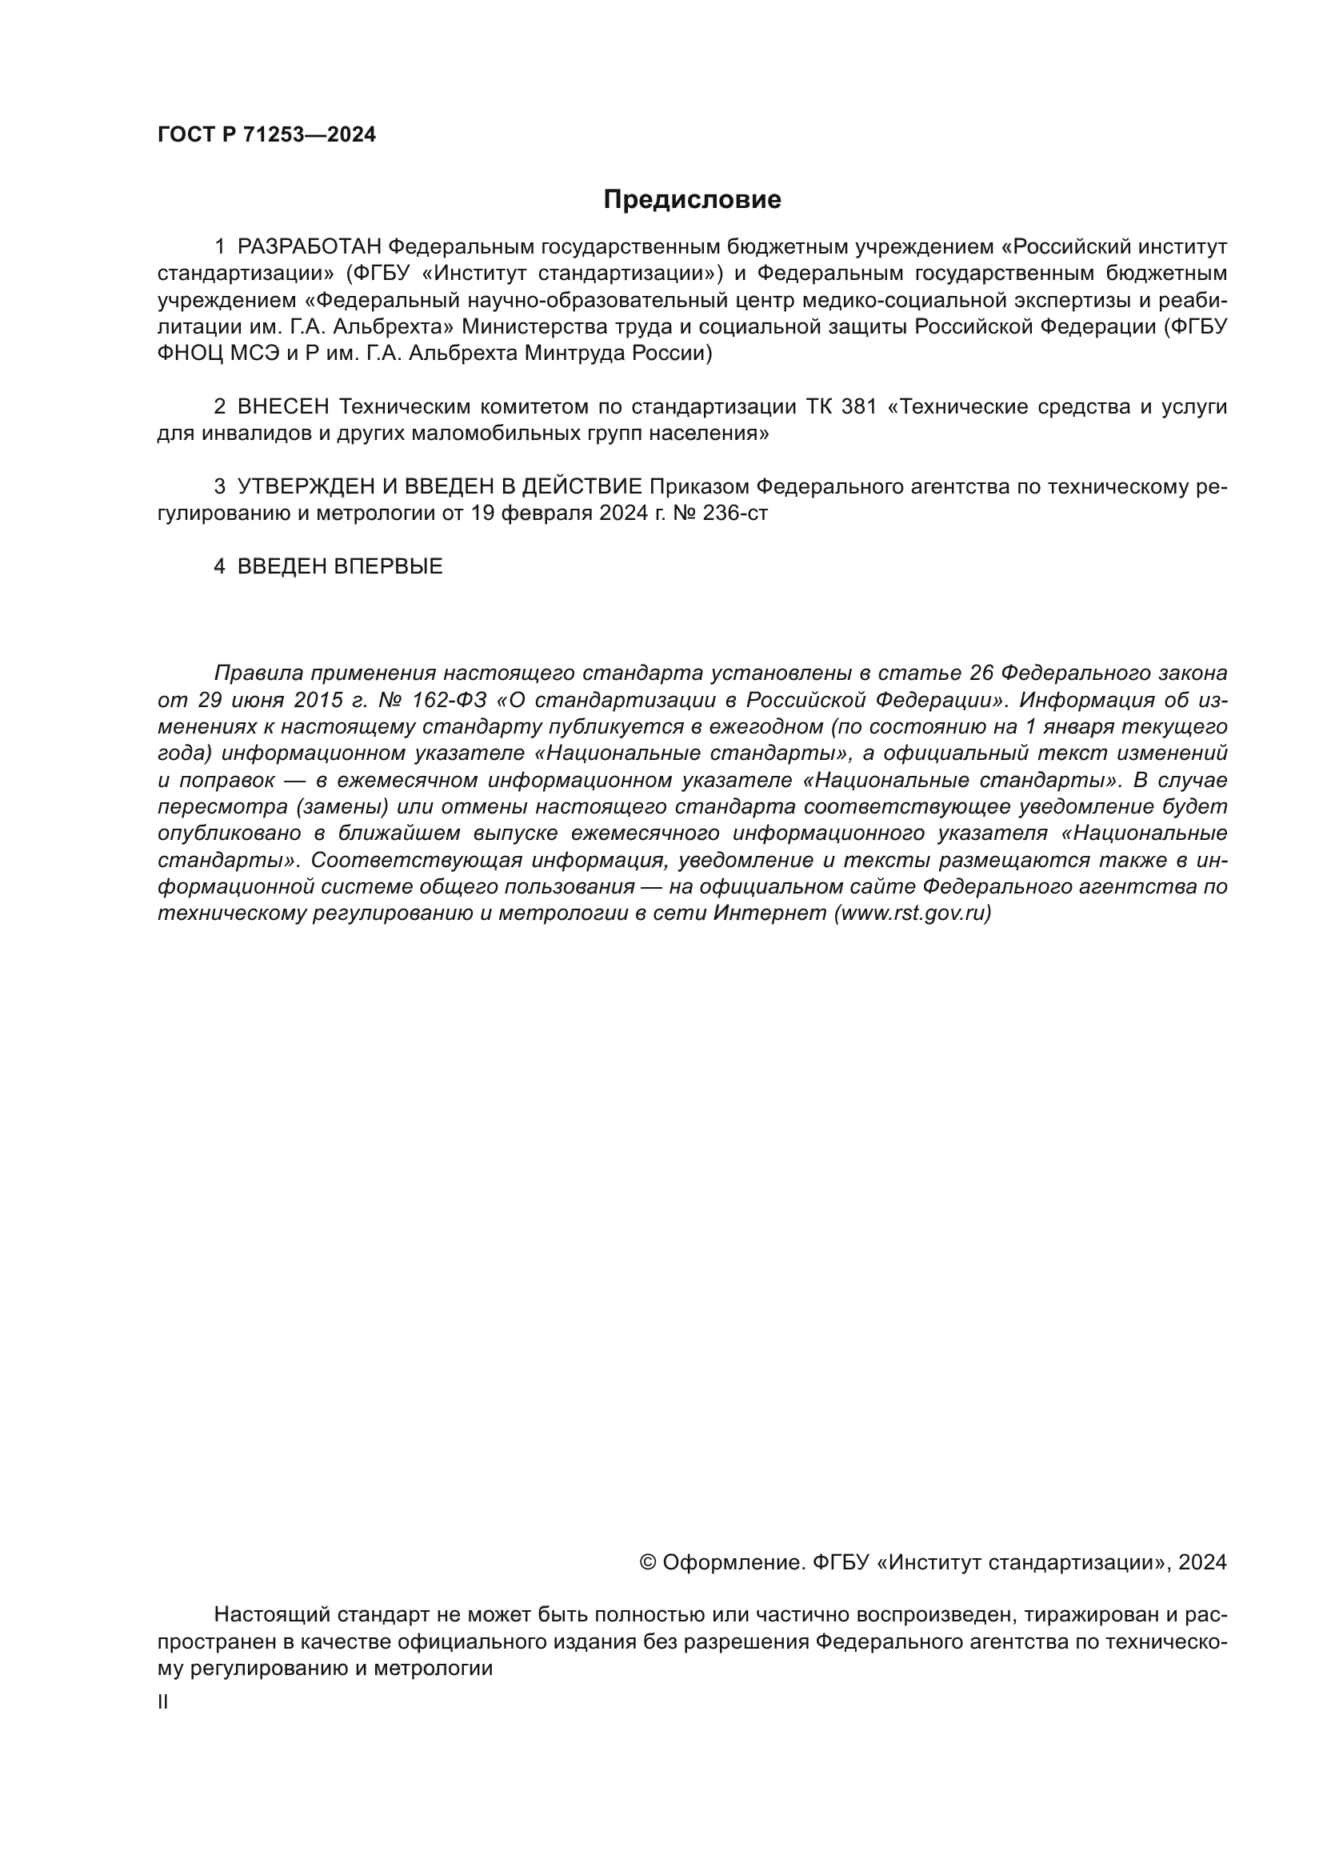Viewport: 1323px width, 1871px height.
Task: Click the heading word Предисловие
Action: (692, 200)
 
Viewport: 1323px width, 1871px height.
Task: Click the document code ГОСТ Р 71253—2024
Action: (266, 135)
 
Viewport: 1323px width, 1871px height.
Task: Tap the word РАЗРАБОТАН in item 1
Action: (310, 247)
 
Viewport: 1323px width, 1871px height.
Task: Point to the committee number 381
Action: (858, 406)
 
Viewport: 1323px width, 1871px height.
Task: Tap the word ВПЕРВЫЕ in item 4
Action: (389, 566)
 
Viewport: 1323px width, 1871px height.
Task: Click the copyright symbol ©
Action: (649, 1562)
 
